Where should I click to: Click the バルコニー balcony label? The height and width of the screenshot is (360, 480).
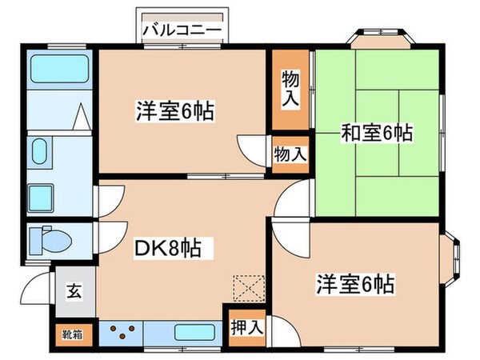[183, 29]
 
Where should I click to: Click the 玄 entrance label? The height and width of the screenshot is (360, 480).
[73, 291]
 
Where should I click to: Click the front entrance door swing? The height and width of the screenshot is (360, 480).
[37, 286]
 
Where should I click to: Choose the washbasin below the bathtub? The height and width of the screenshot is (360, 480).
[40, 152]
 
